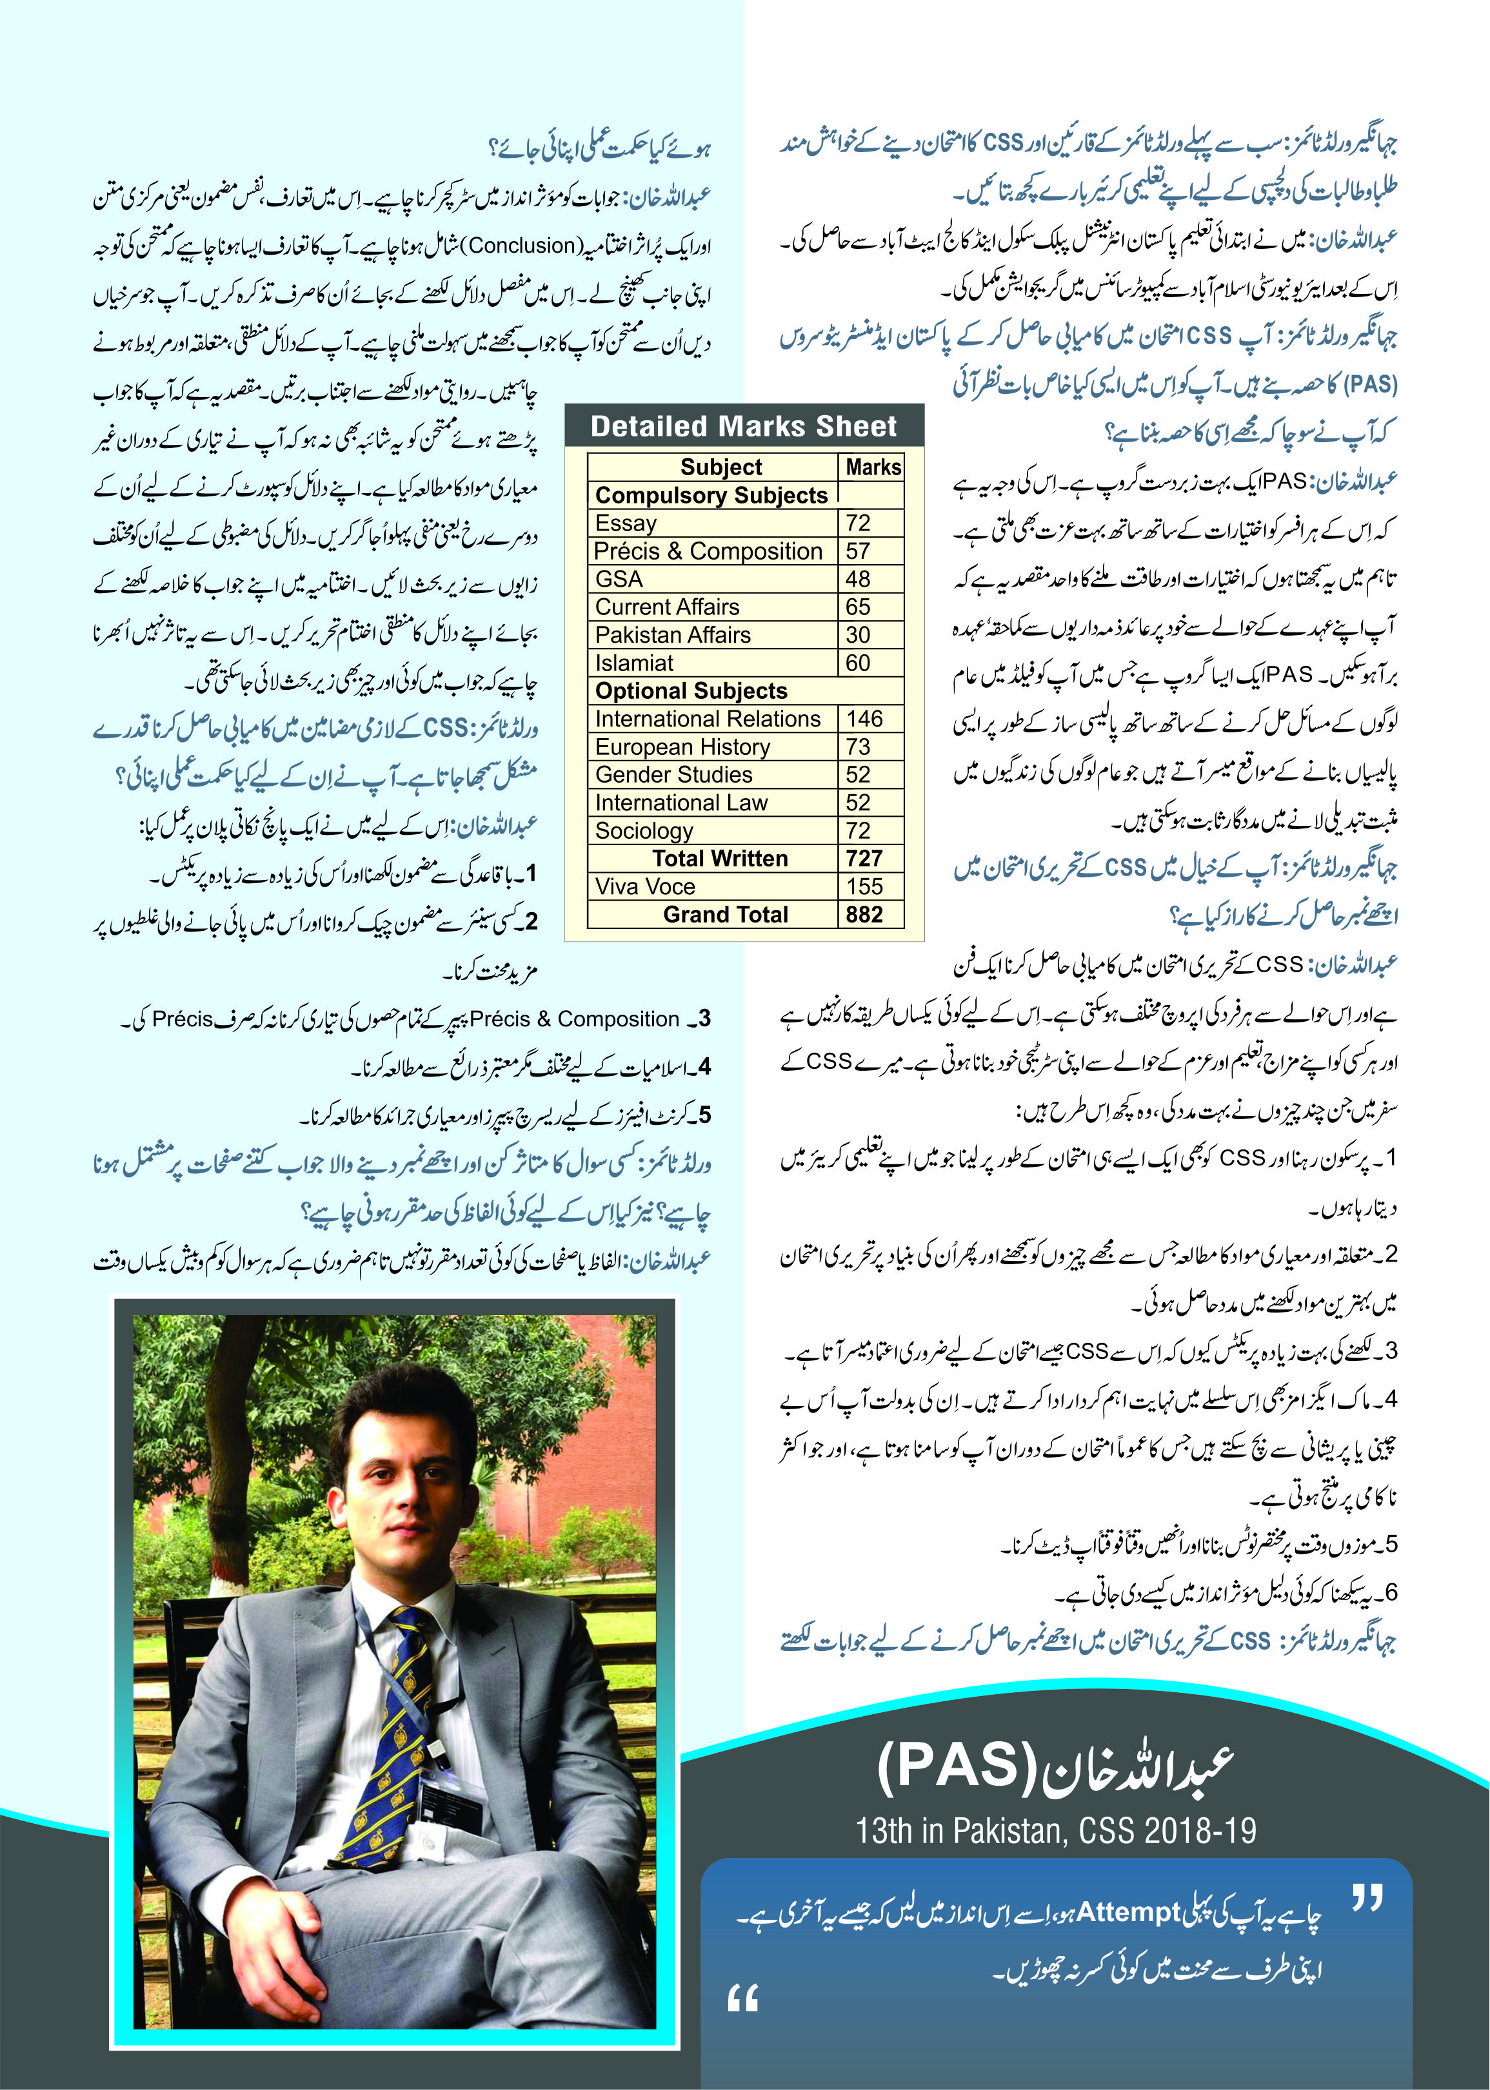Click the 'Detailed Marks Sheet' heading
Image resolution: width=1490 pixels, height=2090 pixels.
pos(743,426)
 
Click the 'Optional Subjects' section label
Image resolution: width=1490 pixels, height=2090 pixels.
pos(691,690)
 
